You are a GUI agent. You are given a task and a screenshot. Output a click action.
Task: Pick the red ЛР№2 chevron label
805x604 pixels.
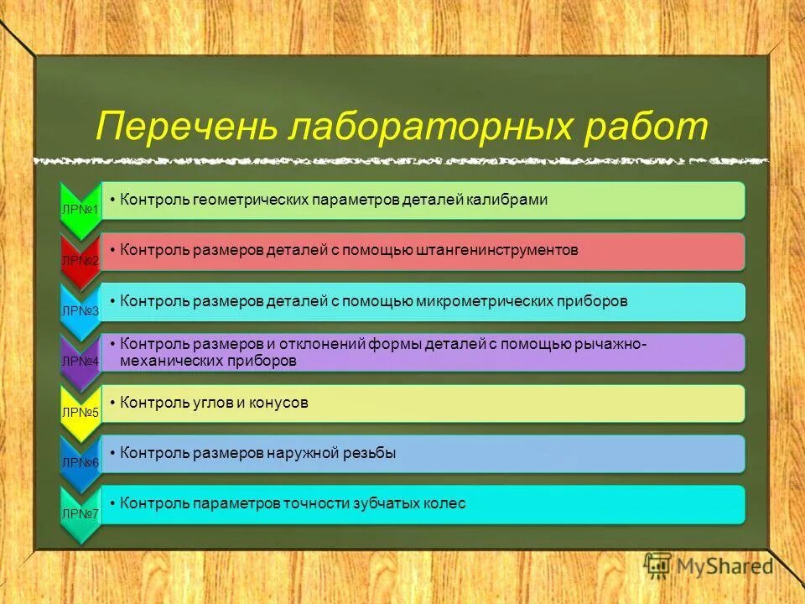click(80, 261)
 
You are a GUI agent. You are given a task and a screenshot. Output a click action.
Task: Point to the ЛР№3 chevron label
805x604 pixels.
click(80, 310)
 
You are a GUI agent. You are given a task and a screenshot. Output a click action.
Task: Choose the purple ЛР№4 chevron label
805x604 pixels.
click(80, 362)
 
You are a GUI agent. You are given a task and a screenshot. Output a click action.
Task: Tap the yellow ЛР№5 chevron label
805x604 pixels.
click(80, 412)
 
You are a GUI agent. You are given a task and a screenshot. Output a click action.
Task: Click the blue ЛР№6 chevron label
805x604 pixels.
click(80, 462)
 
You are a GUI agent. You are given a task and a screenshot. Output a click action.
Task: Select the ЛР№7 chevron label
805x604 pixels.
click(80, 513)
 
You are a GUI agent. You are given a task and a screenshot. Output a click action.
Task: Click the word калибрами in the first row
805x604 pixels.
click(509, 200)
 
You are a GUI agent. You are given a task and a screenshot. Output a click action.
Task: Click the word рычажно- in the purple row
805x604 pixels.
click(611, 344)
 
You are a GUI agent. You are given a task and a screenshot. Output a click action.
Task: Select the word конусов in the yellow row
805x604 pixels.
click(278, 403)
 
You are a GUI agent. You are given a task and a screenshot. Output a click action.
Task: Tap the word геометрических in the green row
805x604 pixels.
click(249, 200)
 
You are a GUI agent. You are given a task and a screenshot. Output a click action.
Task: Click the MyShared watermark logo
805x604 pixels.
click(709, 566)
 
